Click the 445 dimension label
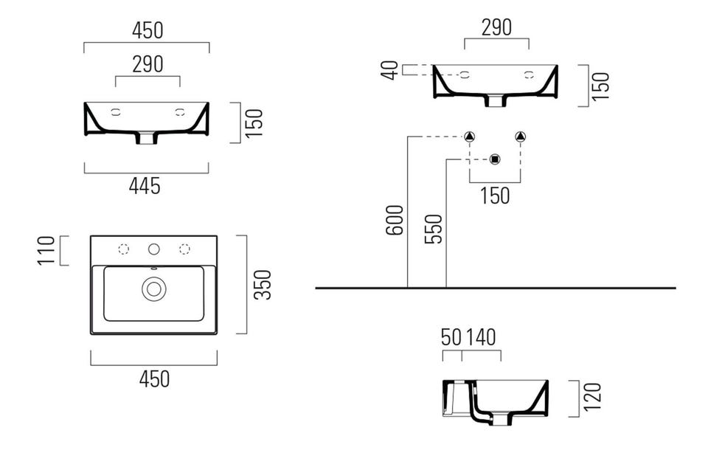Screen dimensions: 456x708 (145, 186)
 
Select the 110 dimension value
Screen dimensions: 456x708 (47, 251)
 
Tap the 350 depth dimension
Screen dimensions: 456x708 (263, 285)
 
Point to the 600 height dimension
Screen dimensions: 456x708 (395, 219)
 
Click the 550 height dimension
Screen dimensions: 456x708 (434, 229)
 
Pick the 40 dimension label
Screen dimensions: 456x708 (391, 70)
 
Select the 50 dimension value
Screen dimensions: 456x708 (451, 337)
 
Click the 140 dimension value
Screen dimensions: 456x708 (481, 337)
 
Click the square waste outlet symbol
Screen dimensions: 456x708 (495, 159)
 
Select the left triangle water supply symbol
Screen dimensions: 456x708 (470, 137)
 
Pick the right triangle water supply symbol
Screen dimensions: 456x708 (521, 137)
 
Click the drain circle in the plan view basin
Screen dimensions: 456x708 (153, 289)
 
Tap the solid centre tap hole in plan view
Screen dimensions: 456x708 (153, 249)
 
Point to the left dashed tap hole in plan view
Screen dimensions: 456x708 (124, 249)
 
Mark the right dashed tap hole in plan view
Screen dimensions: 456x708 (184, 249)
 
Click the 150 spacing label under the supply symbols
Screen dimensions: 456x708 (495, 196)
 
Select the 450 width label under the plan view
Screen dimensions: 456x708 (154, 379)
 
